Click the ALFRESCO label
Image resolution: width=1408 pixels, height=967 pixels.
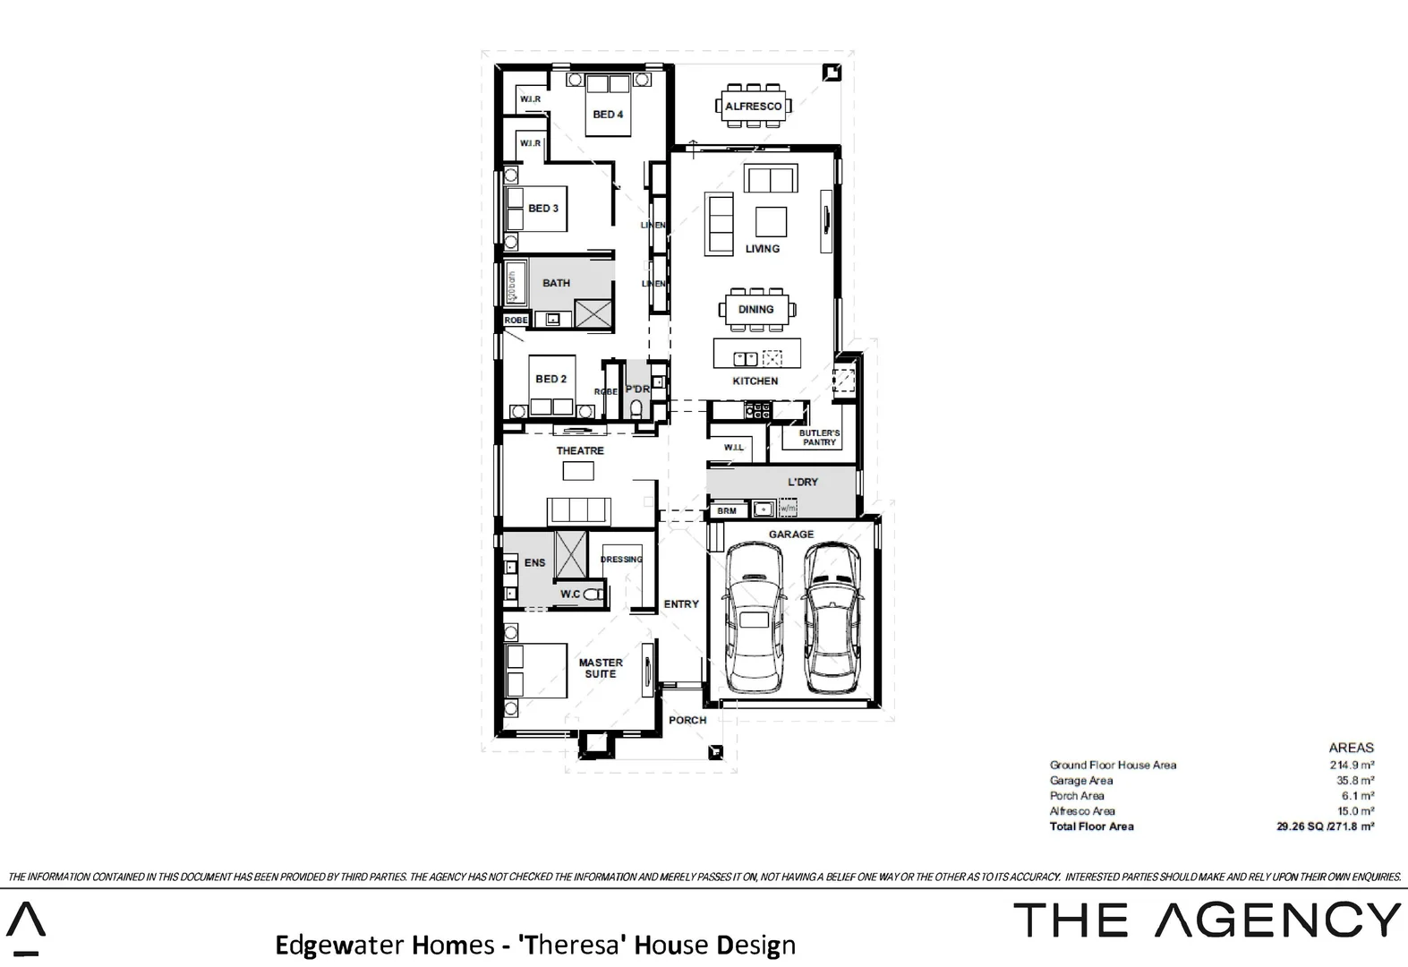pos(753,107)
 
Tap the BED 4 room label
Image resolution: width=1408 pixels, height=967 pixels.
pos(608,115)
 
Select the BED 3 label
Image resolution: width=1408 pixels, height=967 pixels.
pos(543,209)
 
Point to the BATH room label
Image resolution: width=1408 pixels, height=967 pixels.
pos(556,283)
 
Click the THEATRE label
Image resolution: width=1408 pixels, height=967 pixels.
pos(580,451)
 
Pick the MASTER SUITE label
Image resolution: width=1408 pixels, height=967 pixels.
pos(601,668)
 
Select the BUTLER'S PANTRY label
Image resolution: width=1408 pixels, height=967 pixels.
pos(819,438)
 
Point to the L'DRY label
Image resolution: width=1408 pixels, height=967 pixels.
pos(803,483)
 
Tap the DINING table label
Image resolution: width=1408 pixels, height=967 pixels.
pos(755,310)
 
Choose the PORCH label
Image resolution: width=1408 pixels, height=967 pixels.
pos(687,720)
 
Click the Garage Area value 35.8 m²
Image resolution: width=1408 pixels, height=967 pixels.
pos(1355,781)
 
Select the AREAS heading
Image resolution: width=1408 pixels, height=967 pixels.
pos(1351,748)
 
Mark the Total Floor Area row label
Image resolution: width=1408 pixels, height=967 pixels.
pos(1091,826)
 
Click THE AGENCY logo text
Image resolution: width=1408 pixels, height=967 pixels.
pos(1207,920)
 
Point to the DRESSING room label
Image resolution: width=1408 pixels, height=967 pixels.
pos(621,560)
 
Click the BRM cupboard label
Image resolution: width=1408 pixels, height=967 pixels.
pos(727,511)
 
